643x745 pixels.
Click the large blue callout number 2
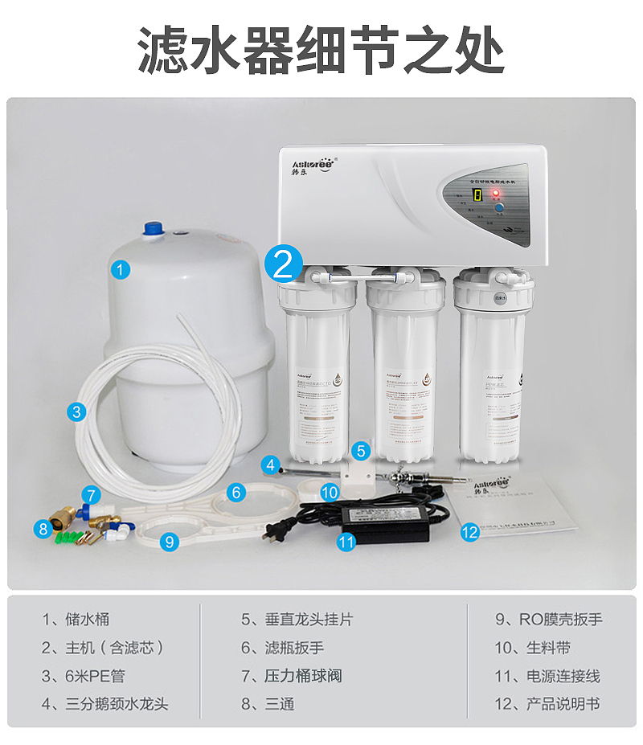tap(283, 262)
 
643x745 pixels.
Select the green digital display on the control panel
tap(477, 195)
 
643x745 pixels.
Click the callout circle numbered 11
tap(346, 542)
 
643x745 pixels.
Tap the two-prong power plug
tap(276, 530)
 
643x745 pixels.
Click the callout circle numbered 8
tap(42, 528)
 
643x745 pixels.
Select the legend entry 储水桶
tap(76, 620)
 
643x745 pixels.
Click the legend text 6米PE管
tap(84, 676)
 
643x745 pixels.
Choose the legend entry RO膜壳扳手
tap(548, 620)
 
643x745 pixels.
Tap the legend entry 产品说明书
tap(548, 704)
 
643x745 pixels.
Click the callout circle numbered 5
tap(361, 451)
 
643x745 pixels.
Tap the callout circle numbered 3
tap(76, 412)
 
